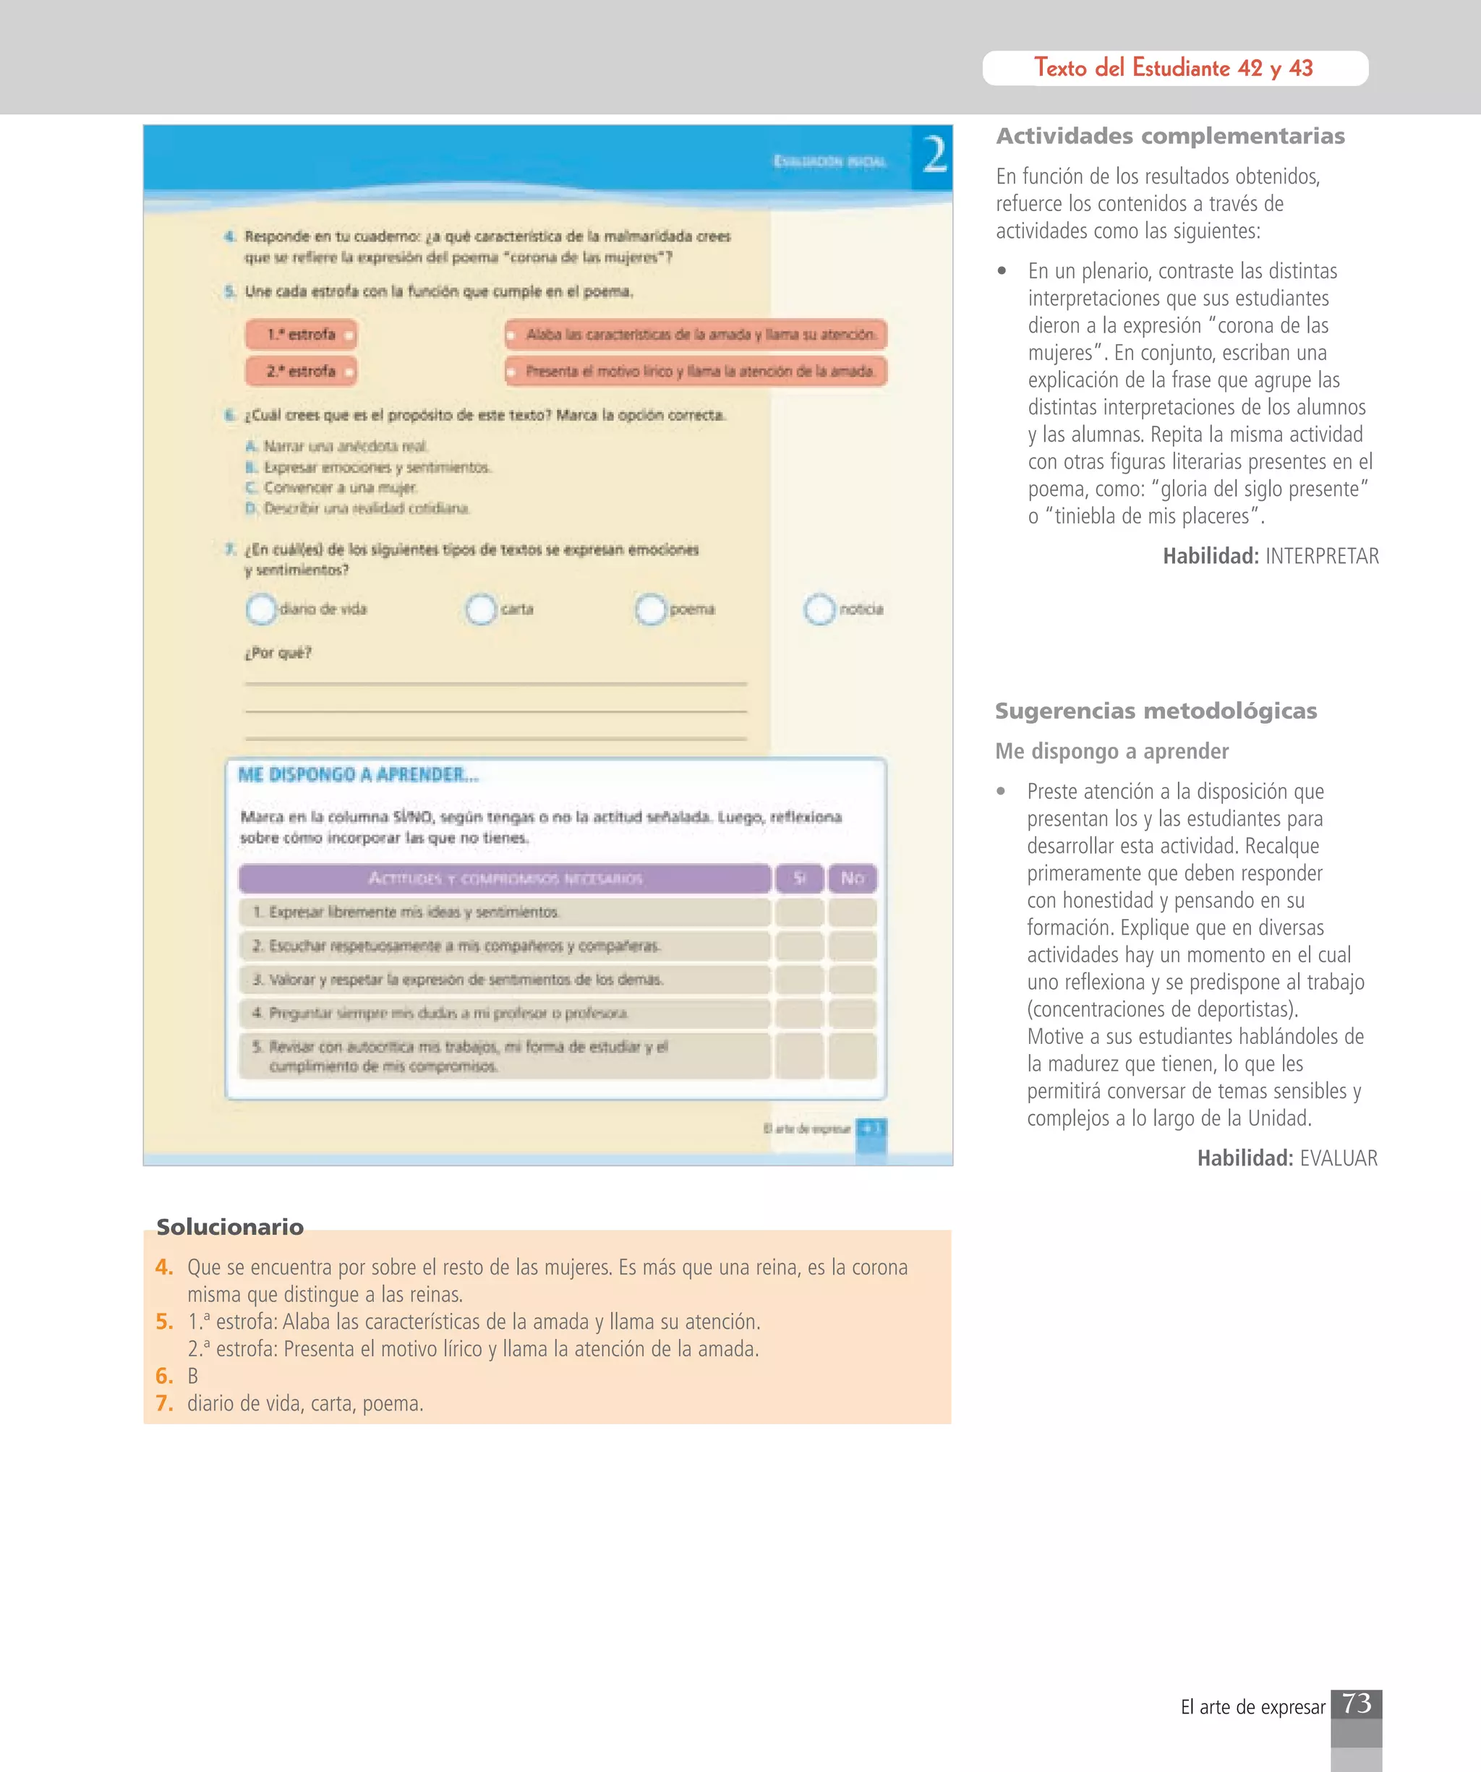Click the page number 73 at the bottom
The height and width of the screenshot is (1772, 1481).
(x=1356, y=1703)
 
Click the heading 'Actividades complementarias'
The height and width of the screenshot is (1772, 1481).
(x=1169, y=136)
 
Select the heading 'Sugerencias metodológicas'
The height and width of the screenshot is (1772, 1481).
(x=1156, y=711)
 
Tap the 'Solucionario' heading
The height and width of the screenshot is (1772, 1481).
(x=229, y=1227)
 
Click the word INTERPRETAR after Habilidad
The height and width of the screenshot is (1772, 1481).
(x=1321, y=556)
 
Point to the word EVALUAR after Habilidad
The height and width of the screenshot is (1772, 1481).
(x=1339, y=1157)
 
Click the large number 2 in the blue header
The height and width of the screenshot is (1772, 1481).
(x=934, y=156)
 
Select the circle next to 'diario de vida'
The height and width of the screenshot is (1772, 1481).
(x=262, y=609)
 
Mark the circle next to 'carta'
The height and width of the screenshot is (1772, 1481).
(x=481, y=609)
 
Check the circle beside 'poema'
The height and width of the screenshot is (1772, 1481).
(x=651, y=609)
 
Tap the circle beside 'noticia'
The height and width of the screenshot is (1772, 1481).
(x=819, y=609)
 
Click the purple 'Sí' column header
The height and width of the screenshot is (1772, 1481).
(x=799, y=878)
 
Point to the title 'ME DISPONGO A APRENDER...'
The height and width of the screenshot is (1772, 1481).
(x=358, y=774)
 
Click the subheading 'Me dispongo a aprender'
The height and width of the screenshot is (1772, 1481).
(x=1111, y=751)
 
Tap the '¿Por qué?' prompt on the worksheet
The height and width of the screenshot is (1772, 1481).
(x=278, y=652)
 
